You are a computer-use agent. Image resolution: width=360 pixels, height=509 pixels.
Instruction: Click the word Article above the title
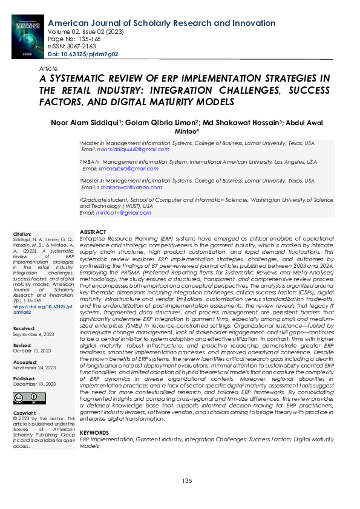click(x=48, y=70)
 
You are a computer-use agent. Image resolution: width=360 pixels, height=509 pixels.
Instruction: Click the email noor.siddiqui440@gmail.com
click(x=126, y=149)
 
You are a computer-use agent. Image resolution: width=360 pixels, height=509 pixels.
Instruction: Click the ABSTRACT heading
click(x=93, y=232)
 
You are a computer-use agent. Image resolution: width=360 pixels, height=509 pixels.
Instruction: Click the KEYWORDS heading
click(x=94, y=433)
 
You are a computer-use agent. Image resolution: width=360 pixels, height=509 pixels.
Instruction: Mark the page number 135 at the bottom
click(x=186, y=481)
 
